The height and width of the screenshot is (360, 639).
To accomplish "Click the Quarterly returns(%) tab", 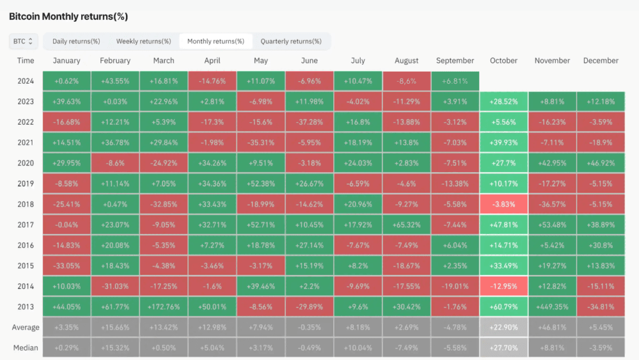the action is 291,41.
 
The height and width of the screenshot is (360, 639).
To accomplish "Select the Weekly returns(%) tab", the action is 144,41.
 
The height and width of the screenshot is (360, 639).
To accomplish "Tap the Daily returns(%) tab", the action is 76,41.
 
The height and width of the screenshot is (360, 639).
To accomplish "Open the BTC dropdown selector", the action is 23,41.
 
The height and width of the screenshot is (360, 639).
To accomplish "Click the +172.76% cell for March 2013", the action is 164,306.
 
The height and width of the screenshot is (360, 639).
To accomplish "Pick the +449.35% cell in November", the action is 552,306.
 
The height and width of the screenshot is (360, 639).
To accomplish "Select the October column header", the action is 504,61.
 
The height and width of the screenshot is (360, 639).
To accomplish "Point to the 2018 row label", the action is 26,204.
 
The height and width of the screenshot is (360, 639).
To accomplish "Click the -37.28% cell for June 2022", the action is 310,122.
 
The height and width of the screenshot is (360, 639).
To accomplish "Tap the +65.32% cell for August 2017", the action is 407,225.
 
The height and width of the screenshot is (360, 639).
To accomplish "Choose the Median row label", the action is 26,348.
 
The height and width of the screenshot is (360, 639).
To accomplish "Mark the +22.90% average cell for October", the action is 504,327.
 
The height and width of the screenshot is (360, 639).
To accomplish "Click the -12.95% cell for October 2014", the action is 504,286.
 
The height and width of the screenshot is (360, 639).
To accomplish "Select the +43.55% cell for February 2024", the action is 115,81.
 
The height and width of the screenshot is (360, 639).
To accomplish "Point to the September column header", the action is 455,61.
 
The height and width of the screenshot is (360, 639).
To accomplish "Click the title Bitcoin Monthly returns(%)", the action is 69,17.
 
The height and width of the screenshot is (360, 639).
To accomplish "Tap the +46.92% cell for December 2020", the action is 601,163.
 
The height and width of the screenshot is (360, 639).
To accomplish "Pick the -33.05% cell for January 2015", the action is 66,266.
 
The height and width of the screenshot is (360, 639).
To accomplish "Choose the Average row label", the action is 26,328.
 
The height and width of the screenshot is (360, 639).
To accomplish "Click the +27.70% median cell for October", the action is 504,348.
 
